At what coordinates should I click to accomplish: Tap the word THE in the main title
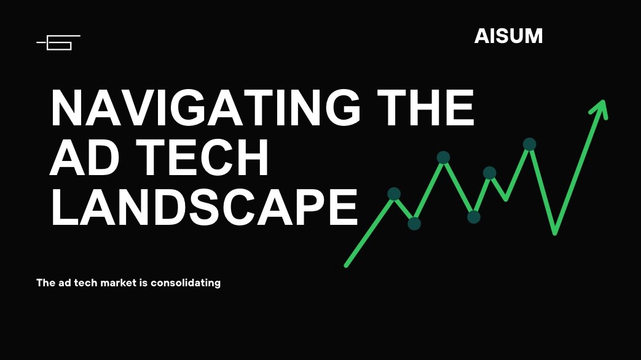pos(425,107)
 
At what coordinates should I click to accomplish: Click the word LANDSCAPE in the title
pos(205,207)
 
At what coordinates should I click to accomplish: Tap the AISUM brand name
pos(508,36)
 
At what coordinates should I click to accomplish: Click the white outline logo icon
pos(58,42)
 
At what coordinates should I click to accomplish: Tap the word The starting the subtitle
pos(45,283)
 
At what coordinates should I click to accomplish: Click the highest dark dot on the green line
pos(529,144)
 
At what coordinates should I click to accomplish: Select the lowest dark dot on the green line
pos(414,224)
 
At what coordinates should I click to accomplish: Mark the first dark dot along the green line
pos(394,194)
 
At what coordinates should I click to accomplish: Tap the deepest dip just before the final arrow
pos(555,233)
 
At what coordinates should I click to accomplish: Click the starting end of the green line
pos(346,265)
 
